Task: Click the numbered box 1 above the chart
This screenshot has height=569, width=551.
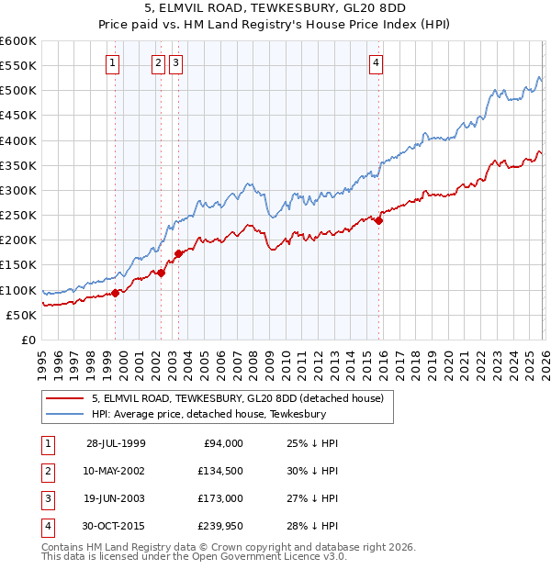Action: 112,63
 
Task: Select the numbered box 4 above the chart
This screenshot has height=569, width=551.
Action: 377,63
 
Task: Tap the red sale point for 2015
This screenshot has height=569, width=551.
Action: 378,220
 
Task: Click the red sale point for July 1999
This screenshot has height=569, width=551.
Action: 116,293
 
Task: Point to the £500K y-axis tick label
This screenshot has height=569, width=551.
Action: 17,91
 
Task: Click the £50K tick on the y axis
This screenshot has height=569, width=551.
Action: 21,315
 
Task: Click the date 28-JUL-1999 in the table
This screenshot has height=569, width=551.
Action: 116,443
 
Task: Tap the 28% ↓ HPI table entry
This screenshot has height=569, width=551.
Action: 312,526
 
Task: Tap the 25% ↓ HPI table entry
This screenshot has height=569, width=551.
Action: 312,443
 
